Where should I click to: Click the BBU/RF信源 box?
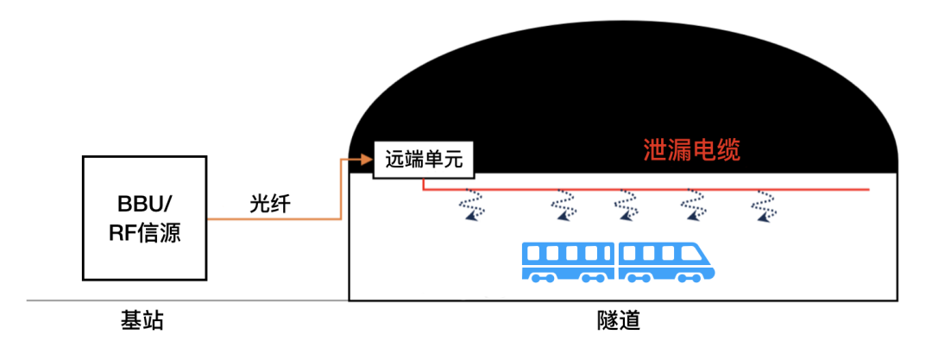144,218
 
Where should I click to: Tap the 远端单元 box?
424,160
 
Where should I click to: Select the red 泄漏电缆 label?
692,150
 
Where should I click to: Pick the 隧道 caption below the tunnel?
618,321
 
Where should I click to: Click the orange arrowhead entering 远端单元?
367,160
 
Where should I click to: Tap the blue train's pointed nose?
709,271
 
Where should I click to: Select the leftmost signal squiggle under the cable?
472,204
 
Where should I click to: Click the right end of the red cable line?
870,190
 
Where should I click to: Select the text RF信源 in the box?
145,232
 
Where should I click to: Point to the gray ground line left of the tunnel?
187,300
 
